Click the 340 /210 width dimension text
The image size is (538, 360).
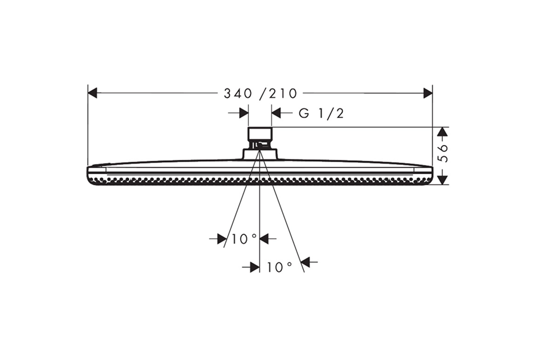(x=260, y=93)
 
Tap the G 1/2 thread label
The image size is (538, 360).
(x=321, y=113)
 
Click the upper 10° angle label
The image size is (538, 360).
(x=244, y=239)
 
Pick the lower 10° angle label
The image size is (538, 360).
(x=279, y=267)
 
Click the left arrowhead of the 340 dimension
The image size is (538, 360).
(x=93, y=93)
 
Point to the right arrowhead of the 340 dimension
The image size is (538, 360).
(x=428, y=93)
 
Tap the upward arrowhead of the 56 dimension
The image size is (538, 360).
(x=443, y=132)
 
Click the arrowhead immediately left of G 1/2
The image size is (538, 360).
(x=276, y=113)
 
